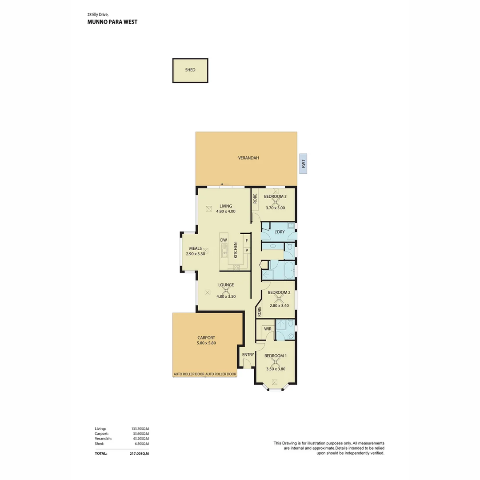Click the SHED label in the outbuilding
pyautogui.click(x=190, y=70)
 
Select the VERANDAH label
pyautogui.click(x=248, y=158)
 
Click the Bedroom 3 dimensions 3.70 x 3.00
pyautogui.click(x=275, y=208)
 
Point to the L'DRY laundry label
pyautogui.click(x=280, y=232)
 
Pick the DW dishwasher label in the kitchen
pyautogui.click(x=224, y=240)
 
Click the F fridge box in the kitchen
pyautogui.click(x=247, y=241)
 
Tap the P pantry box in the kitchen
pyautogui.click(x=247, y=251)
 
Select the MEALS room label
pyautogui.click(x=196, y=248)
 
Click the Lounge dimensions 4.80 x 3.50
pyautogui.click(x=226, y=296)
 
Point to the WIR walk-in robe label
pyautogui.click(x=268, y=329)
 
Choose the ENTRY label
pyautogui.click(x=248, y=355)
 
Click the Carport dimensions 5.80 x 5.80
pyautogui.click(x=206, y=343)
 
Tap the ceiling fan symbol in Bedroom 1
pyautogui.click(x=275, y=362)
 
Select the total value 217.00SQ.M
pyautogui.click(x=139, y=454)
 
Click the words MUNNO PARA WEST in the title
pyautogui.click(x=112, y=21)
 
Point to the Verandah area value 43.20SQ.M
pyautogui.click(x=140, y=439)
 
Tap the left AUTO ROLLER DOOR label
pyautogui.click(x=189, y=374)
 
